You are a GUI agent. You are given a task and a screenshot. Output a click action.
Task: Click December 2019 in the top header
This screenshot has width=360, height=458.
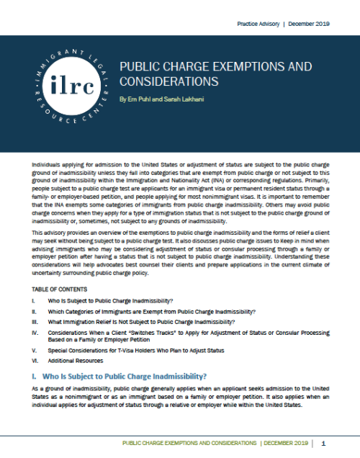click(310, 24)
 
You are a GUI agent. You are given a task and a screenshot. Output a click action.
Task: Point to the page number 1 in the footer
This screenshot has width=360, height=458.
click(325, 443)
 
